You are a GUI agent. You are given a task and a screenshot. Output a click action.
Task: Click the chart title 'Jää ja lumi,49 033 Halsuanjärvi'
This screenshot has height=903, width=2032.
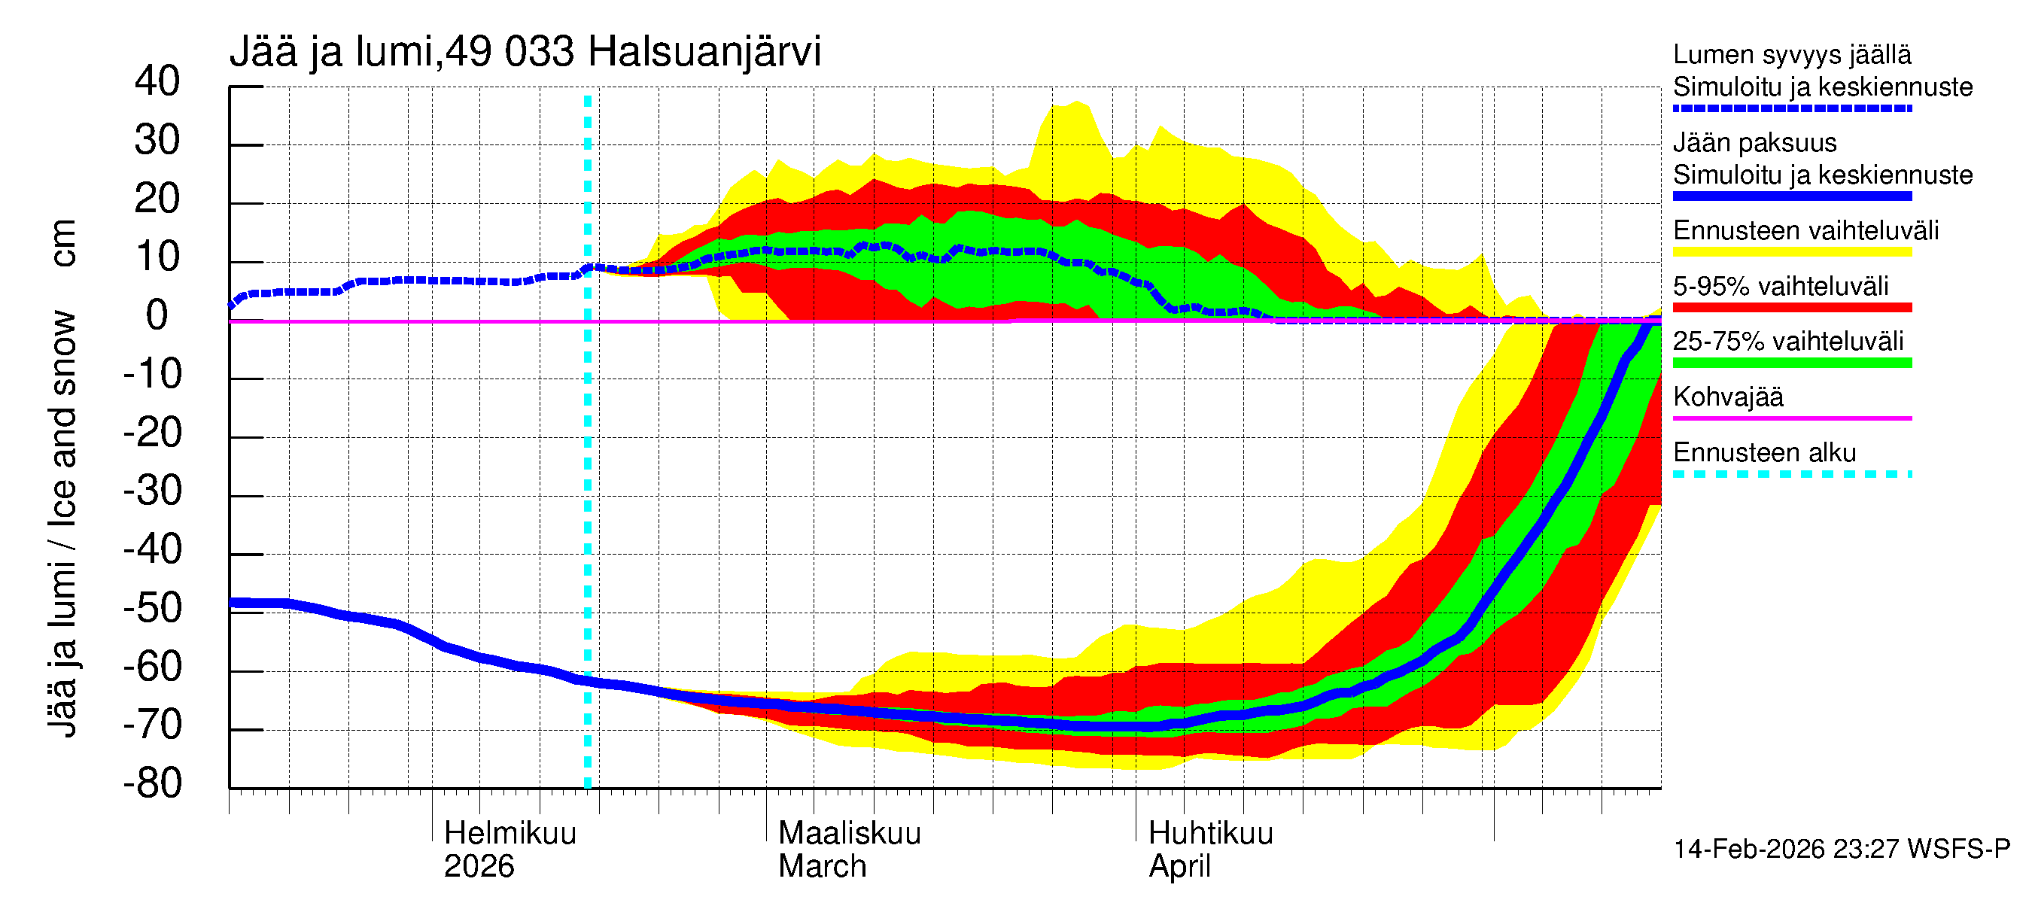click(x=525, y=52)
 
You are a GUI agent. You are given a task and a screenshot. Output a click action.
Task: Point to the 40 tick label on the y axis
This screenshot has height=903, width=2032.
click(x=157, y=81)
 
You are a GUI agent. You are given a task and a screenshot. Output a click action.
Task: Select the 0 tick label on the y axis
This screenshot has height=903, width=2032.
click(x=157, y=315)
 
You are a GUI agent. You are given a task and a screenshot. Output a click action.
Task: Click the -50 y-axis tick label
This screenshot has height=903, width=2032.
click(x=152, y=608)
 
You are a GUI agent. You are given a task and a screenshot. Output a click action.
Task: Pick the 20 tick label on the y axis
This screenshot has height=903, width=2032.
click(x=157, y=199)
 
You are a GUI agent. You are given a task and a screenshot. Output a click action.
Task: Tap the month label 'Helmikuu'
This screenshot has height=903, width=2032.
click(x=510, y=833)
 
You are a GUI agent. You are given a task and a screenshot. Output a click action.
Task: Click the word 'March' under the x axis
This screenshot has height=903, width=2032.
click(x=822, y=866)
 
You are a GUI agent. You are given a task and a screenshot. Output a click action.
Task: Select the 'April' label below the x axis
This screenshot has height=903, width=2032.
click(x=1179, y=866)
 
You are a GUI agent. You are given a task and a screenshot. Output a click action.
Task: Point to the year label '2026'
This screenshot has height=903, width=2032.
click(x=479, y=866)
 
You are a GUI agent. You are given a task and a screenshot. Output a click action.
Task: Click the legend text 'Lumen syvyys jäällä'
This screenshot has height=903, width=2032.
click(x=1791, y=54)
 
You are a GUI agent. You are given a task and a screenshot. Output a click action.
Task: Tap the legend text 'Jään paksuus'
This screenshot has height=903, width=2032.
click(x=1754, y=143)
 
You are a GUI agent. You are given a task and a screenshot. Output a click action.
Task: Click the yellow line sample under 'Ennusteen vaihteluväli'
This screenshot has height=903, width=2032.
click(x=1791, y=252)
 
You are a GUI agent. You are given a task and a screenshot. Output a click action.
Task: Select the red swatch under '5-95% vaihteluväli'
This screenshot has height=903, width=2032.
click(x=1791, y=308)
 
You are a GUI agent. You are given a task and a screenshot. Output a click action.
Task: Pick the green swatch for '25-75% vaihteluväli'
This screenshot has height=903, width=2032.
click(x=1791, y=363)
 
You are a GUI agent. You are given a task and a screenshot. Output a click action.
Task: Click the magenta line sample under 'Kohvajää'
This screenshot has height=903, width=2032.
click(x=1791, y=418)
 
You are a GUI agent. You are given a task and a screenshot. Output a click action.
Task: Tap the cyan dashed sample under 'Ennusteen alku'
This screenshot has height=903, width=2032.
click(x=1791, y=474)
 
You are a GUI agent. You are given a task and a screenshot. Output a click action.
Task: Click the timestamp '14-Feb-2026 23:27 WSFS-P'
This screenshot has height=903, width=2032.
click(x=1841, y=849)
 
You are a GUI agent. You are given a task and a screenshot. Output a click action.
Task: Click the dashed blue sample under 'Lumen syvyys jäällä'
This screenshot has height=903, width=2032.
click(x=1791, y=108)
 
